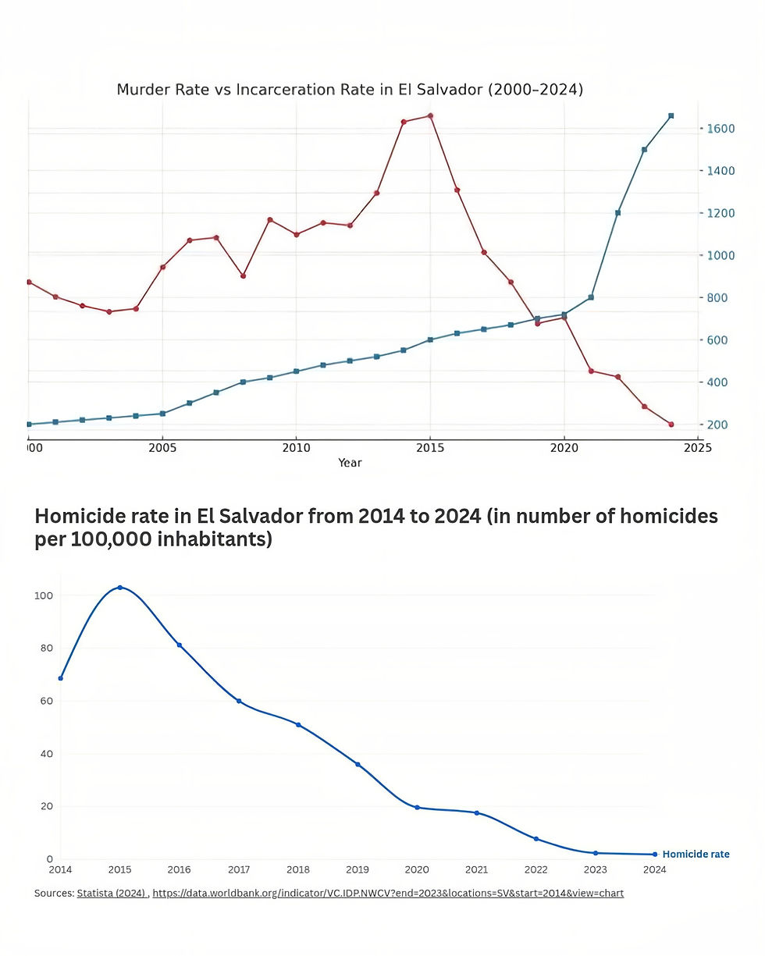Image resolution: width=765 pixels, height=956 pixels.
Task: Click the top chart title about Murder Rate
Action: [x=350, y=90]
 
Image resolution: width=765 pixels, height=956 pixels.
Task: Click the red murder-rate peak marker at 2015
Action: [x=430, y=116]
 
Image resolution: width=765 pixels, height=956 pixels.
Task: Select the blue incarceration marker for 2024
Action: [x=671, y=116]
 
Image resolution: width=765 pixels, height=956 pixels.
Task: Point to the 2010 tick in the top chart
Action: [x=295, y=448]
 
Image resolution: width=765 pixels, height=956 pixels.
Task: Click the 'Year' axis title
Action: [x=350, y=463]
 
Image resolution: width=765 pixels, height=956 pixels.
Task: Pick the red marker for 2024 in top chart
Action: [x=671, y=425]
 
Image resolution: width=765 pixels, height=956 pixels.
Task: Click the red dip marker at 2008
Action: [x=243, y=275]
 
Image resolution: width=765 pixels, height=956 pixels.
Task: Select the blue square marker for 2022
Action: [x=617, y=212]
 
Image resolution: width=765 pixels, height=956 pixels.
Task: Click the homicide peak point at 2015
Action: [x=119, y=588]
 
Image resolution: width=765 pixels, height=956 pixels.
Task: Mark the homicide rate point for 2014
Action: [x=60, y=678]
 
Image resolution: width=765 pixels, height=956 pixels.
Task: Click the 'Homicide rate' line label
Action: [x=696, y=855]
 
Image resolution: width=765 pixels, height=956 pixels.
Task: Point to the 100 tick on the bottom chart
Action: [x=44, y=595]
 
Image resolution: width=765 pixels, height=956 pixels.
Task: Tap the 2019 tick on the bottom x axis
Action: [x=358, y=869]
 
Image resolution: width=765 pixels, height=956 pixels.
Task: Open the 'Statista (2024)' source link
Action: [x=112, y=893]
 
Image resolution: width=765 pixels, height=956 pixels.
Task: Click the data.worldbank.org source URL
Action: [x=388, y=893]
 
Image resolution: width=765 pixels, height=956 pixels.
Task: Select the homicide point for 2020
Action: [x=417, y=808]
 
